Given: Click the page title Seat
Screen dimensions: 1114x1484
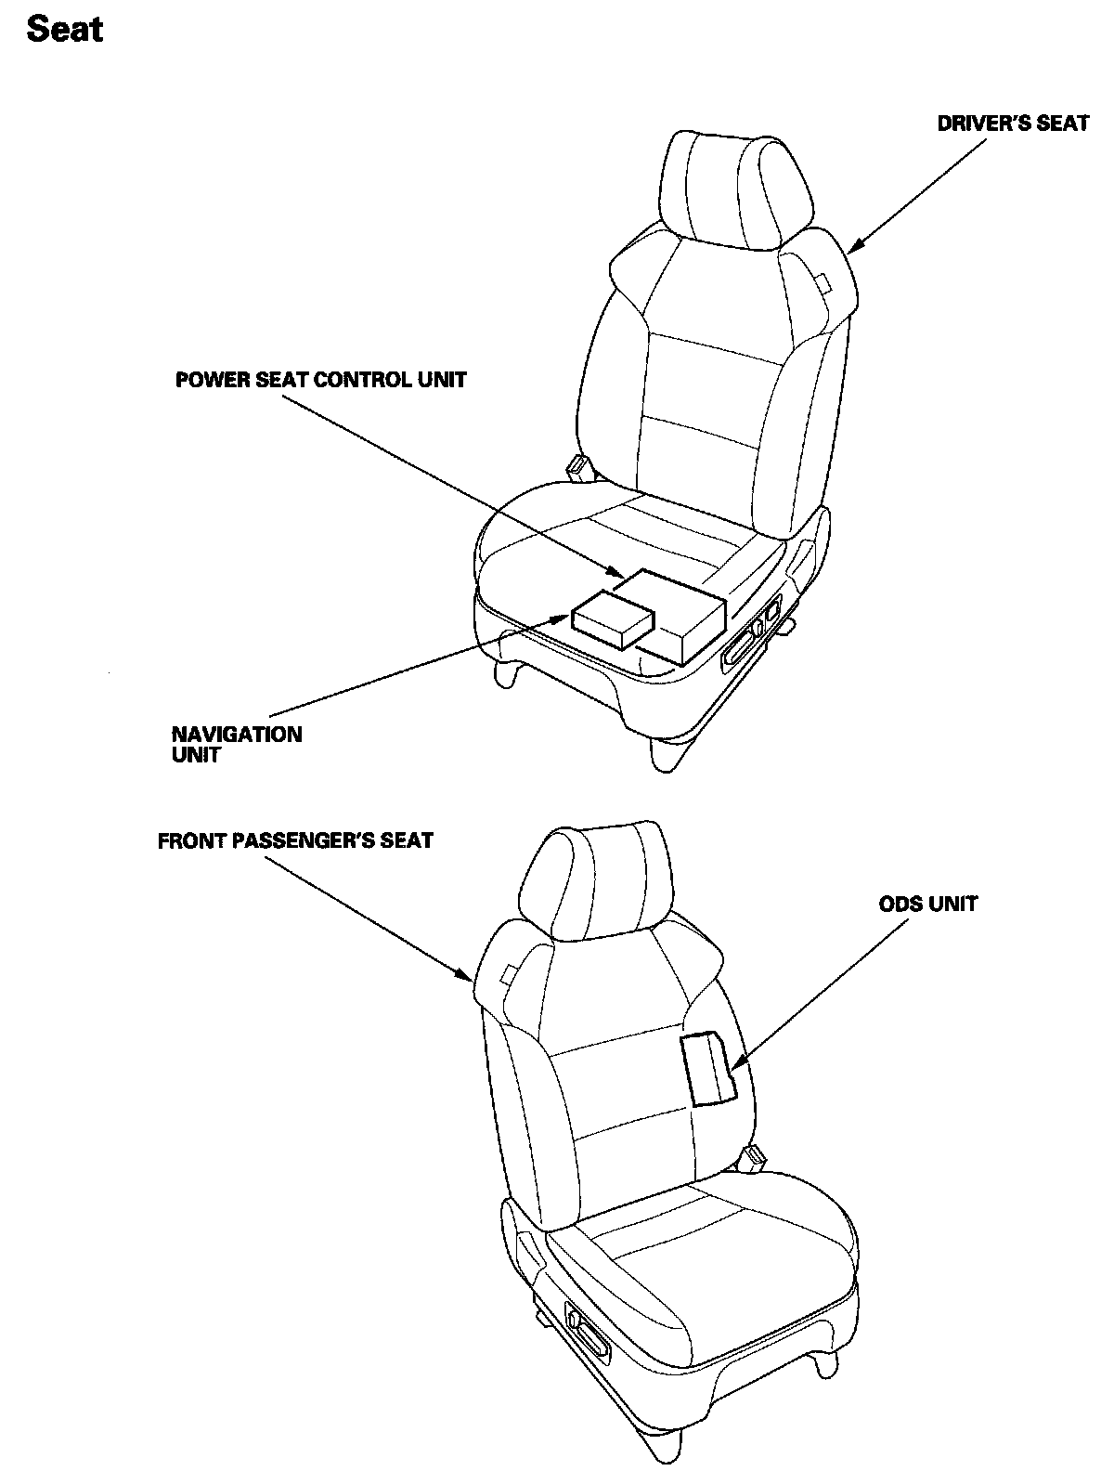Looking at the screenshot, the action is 65,30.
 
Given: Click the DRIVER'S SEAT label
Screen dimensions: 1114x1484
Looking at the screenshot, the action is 1012,124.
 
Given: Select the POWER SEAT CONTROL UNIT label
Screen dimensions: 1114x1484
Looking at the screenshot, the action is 320,380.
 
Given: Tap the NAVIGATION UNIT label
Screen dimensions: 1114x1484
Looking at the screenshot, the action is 236,745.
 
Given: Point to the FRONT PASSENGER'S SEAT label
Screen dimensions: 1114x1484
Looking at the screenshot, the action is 295,841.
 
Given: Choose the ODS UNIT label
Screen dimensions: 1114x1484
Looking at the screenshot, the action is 928,904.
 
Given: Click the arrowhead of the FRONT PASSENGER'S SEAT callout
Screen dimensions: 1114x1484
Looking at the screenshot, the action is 470,977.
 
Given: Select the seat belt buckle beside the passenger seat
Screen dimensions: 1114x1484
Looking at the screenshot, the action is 756,1157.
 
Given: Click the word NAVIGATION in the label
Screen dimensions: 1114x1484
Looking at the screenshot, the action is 236,735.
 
